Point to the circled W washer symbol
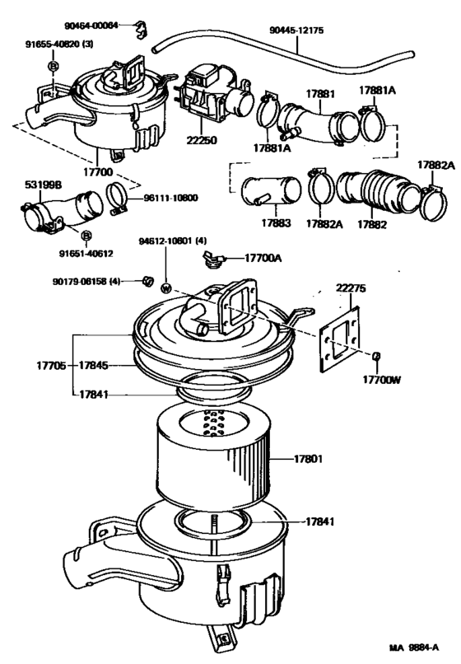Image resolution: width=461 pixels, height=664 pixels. pyautogui.click(x=165, y=288)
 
